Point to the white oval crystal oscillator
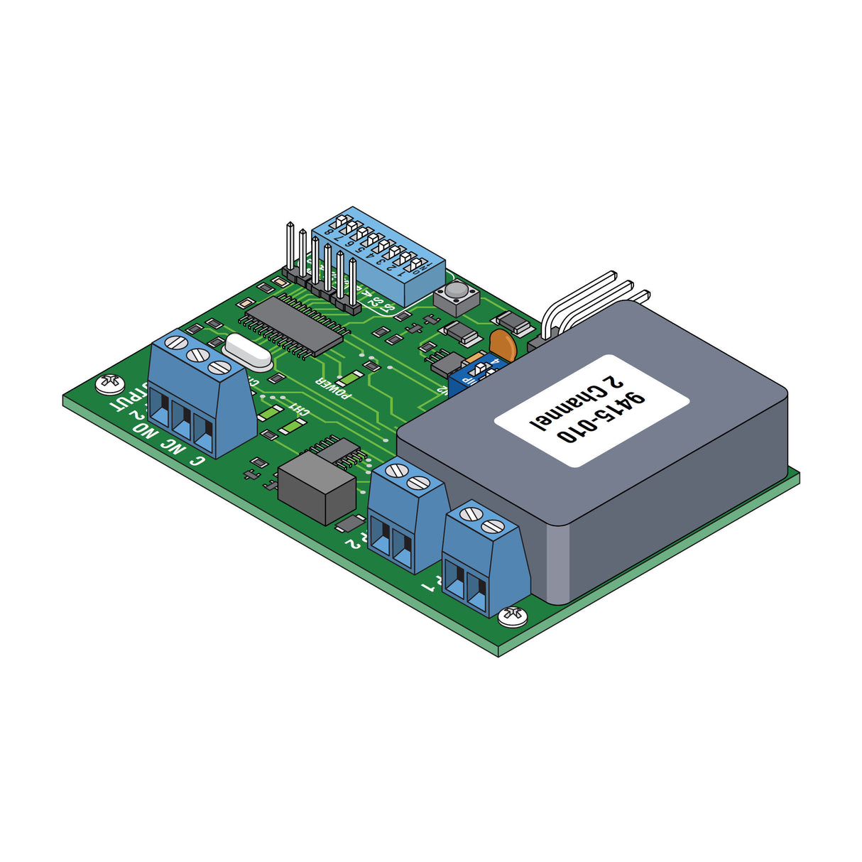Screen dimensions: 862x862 click(x=248, y=352)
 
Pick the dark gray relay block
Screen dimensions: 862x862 click(x=316, y=488)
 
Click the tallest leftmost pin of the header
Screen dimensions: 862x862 click(x=290, y=246)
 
